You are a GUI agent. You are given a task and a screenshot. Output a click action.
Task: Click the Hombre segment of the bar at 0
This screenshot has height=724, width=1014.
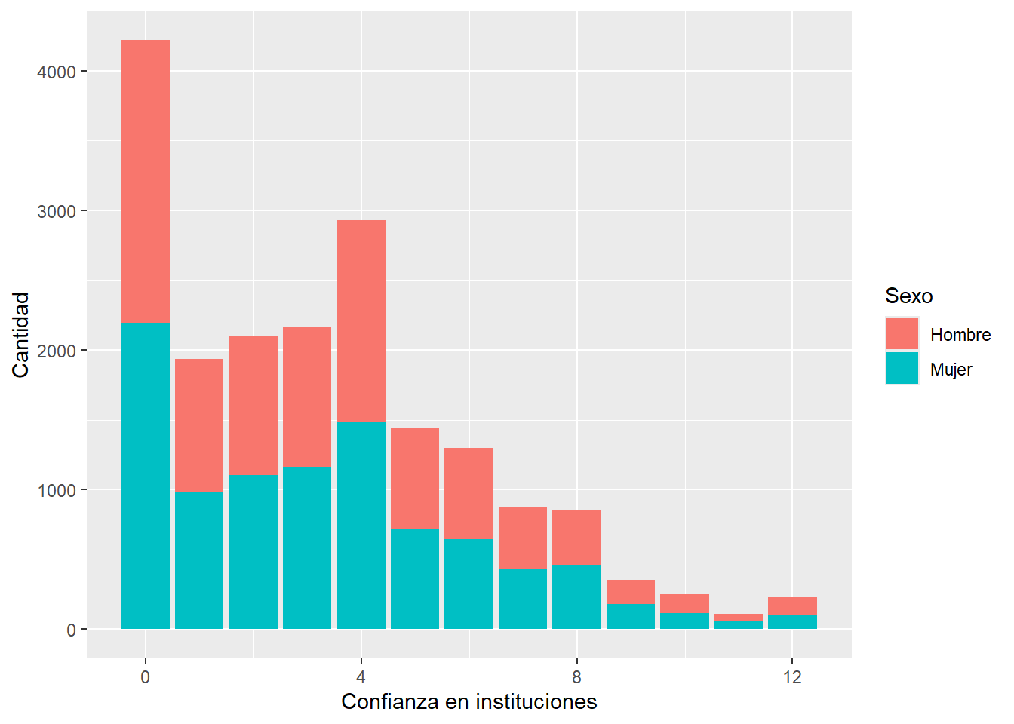[x=146, y=181]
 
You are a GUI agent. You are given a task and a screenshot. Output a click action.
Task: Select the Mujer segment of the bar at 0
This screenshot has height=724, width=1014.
[x=146, y=475]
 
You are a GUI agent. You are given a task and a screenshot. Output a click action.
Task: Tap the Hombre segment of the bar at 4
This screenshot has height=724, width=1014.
[x=361, y=321]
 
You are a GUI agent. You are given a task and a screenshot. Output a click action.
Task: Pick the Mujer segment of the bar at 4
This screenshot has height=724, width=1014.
[x=361, y=525]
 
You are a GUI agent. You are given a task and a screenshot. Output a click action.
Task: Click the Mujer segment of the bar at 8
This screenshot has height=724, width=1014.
[x=576, y=597]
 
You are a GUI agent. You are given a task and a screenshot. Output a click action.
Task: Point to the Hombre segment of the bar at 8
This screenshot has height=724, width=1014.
[x=576, y=537]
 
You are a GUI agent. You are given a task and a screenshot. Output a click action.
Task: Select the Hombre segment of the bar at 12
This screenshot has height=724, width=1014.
[x=792, y=606]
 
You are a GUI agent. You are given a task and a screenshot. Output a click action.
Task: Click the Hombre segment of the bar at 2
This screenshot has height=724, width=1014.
[x=253, y=405]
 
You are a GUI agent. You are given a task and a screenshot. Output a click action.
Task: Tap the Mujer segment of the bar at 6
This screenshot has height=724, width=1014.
[x=469, y=584]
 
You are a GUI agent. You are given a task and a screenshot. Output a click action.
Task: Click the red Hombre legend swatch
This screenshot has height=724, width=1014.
[x=902, y=333]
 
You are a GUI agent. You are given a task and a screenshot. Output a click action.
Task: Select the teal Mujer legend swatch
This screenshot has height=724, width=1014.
[x=902, y=368]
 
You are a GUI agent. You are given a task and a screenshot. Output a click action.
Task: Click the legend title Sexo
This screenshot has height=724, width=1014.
[x=908, y=296]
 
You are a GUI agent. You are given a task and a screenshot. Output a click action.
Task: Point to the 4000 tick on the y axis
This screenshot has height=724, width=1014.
[x=57, y=72]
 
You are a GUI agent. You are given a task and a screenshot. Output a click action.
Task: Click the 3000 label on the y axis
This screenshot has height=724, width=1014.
[x=57, y=211]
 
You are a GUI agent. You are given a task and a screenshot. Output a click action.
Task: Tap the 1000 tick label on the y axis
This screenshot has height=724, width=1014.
[x=57, y=490]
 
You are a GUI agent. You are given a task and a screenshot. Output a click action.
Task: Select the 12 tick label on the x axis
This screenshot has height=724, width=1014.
[x=792, y=676]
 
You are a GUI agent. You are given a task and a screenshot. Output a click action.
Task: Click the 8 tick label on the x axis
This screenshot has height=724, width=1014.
[x=576, y=676]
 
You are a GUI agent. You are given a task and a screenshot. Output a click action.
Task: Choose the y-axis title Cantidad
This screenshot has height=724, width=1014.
[x=20, y=335]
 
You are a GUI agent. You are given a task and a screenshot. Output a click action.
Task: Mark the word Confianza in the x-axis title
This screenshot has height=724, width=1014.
[x=389, y=701]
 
